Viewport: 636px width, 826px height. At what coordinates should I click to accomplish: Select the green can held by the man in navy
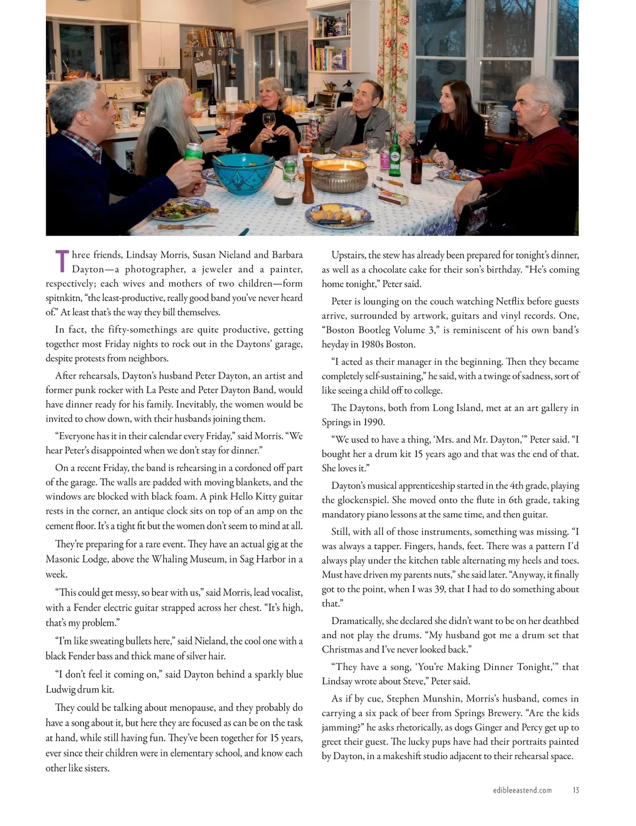[193, 157]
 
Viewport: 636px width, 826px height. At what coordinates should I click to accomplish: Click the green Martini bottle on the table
[394, 153]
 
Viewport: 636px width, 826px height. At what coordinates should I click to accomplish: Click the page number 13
[576, 790]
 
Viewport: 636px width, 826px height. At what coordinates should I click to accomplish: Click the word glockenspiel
[364, 500]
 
